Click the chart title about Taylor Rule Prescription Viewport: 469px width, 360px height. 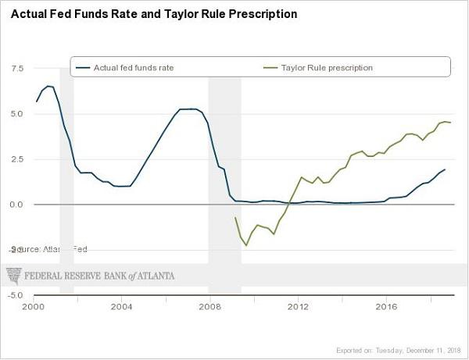pyautogui.click(x=153, y=14)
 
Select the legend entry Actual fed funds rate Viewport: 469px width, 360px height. pyautogui.click(x=133, y=68)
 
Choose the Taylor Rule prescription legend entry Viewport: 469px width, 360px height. pyautogui.click(x=327, y=68)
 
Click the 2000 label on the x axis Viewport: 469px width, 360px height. pyautogui.click(x=33, y=307)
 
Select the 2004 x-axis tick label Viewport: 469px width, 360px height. pyautogui.click(x=121, y=307)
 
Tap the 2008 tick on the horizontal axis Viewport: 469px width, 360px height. pyautogui.click(x=209, y=307)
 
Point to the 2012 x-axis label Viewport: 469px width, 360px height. pyautogui.click(x=298, y=307)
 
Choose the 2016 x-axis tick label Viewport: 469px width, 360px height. pyautogui.click(x=386, y=307)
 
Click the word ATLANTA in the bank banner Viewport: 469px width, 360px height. pyautogui.click(x=155, y=276)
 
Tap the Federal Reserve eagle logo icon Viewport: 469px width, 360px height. pyautogui.click(x=15, y=275)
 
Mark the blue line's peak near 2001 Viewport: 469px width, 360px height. pyautogui.click(x=48, y=86)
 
